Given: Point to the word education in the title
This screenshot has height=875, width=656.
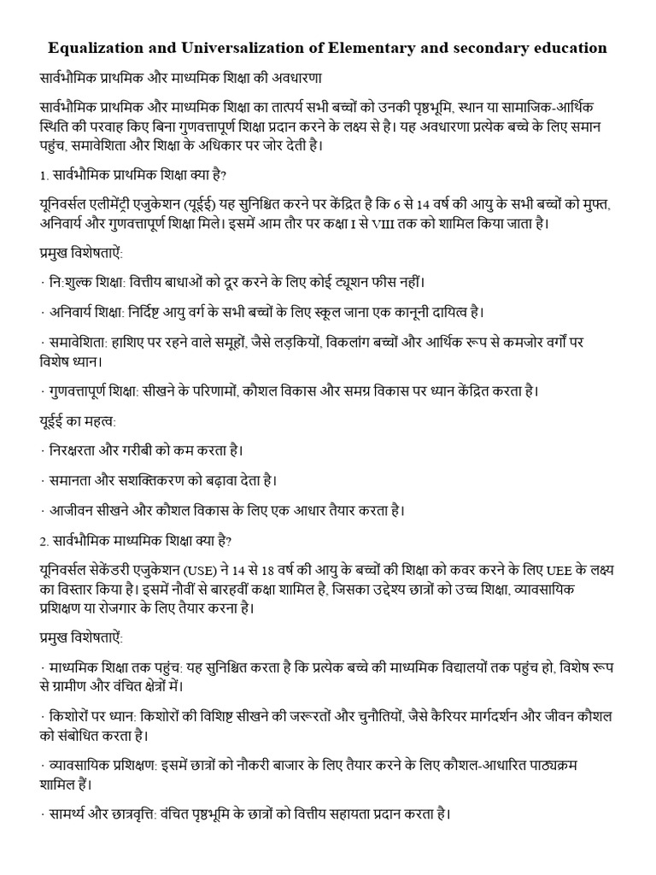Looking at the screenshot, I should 570,48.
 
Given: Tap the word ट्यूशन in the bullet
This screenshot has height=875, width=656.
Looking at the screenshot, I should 337,281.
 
